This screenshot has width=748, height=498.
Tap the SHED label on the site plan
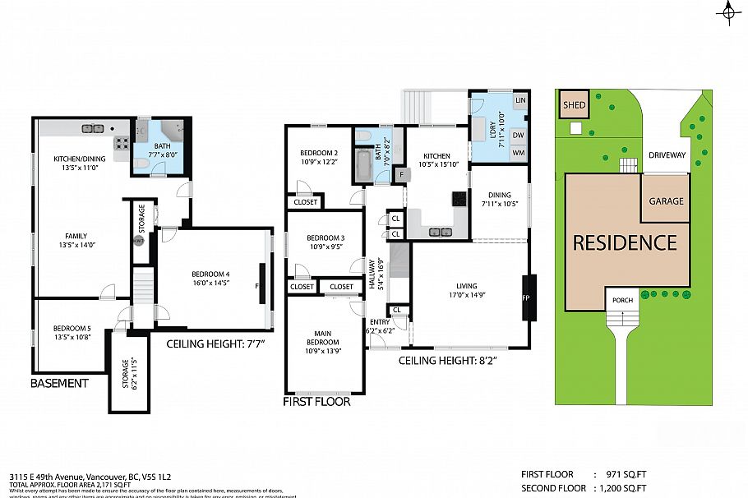click(574, 105)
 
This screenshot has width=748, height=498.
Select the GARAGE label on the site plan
click(666, 201)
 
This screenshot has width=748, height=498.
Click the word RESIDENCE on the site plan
click(625, 243)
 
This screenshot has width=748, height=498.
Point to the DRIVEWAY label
click(667, 154)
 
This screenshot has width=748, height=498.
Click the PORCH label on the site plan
click(622, 300)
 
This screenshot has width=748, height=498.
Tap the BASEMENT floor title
click(59, 383)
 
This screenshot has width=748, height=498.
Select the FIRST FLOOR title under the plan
click(316, 402)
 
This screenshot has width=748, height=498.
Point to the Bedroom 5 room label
click(72, 333)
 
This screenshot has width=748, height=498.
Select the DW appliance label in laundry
click(518, 135)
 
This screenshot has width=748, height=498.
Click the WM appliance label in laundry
click(518, 153)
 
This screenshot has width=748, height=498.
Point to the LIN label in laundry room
click(519, 100)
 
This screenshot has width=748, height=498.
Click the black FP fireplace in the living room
click(528, 296)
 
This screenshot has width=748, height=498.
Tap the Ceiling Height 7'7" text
click(220, 343)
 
